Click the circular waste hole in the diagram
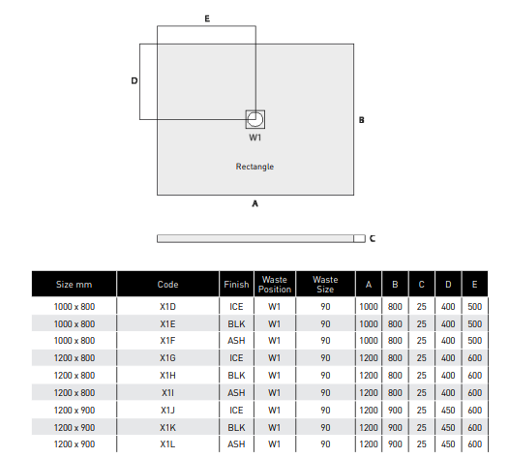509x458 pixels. click(255, 119)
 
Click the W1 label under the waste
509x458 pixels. click(255, 137)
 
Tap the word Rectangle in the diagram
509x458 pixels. click(254, 167)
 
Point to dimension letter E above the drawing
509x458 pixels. click(207, 18)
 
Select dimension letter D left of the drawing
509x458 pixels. click(135, 80)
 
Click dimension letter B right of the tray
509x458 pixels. click(361, 120)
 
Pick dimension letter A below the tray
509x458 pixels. click(254, 203)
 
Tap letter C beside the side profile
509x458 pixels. click(373, 239)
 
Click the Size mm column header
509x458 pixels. click(74, 285)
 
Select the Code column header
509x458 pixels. click(167, 285)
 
